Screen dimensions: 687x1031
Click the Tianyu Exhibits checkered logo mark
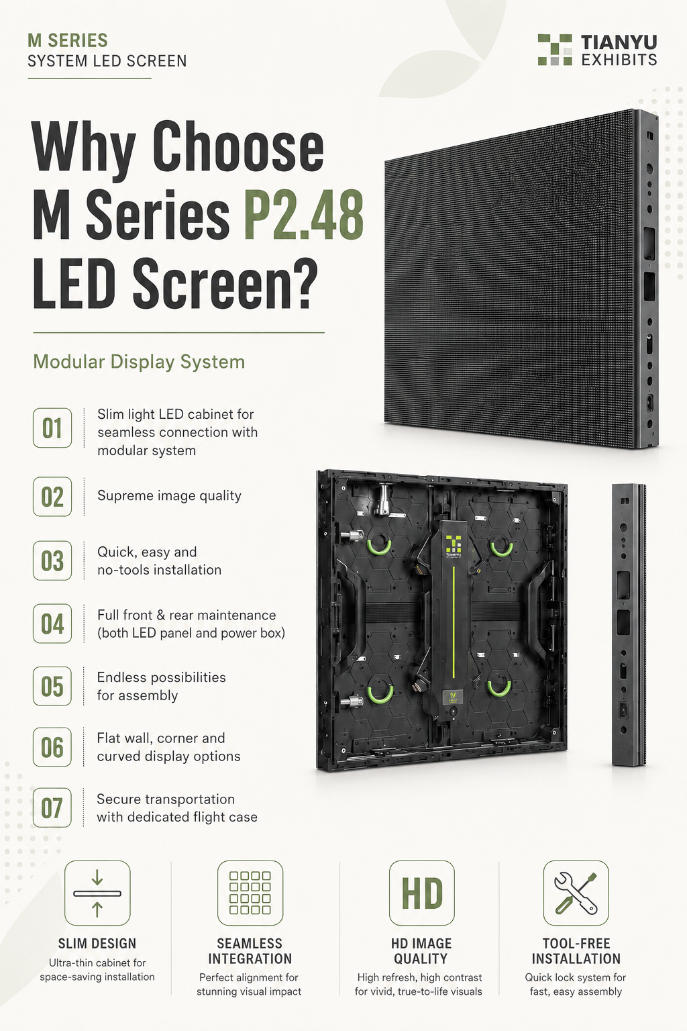tap(555, 49)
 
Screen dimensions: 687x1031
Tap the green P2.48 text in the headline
tap(304, 215)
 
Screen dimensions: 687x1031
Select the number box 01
tap(52, 428)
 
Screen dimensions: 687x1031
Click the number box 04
tap(52, 623)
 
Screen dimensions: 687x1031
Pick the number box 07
tap(52, 807)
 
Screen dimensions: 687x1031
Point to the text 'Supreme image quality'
tap(169, 496)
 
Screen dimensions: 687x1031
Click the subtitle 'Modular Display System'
tap(139, 362)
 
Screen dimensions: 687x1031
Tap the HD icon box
tap(421, 893)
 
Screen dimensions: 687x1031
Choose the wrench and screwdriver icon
tap(576, 893)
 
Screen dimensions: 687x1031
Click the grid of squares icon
tap(250, 893)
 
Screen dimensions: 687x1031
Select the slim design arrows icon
tap(97, 893)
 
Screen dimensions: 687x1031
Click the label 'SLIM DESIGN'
tap(97, 944)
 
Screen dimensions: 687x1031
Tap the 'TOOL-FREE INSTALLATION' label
tap(576, 951)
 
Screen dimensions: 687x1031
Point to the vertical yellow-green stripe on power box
tap(454, 622)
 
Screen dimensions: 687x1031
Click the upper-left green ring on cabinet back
tap(378, 546)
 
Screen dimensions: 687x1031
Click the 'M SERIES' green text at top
tap(68, 40)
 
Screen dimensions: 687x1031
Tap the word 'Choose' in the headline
tap(238, 147)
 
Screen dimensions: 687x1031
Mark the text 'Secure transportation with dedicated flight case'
tap(176, 807)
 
